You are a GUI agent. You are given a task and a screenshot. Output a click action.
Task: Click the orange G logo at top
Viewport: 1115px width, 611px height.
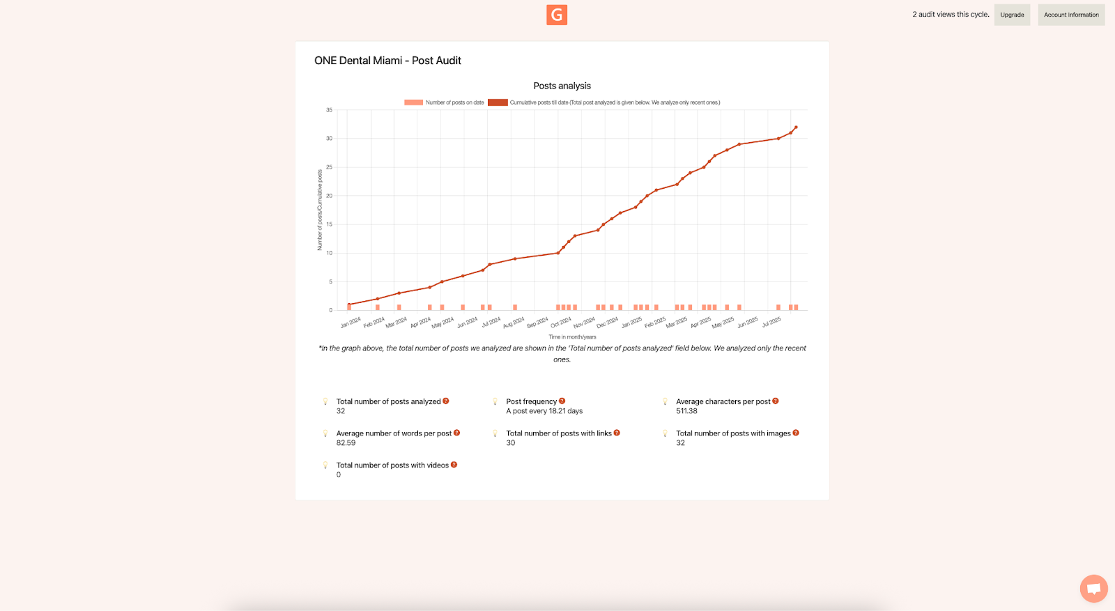tap(556, 15)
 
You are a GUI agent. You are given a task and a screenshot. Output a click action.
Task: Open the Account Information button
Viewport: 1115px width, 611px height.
tap(1071, 15)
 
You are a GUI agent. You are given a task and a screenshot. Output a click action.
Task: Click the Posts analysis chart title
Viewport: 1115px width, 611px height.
tap(562, 86)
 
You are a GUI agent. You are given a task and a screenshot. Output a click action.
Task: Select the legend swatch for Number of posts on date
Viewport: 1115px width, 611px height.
tap(413, 102)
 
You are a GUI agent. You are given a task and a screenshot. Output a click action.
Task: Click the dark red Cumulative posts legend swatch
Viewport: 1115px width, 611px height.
tap(498, 102)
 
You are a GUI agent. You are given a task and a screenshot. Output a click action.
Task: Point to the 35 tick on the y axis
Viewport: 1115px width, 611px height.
tap(329, 110)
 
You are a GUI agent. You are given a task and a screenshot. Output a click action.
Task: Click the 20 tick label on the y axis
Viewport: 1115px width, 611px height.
tap(329, 196)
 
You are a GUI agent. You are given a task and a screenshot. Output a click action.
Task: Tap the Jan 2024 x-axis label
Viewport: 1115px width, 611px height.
tap(351, 322)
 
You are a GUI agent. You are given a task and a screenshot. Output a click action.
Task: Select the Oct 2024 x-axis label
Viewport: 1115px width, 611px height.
tap(561, 322)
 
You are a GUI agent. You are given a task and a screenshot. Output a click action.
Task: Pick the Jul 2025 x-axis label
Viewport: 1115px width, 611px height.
tap(771, 322)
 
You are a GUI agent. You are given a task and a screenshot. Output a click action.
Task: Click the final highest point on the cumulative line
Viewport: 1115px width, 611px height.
tap(796, 127)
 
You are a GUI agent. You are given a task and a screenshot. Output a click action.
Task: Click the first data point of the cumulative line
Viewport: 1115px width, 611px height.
tap(349, 304)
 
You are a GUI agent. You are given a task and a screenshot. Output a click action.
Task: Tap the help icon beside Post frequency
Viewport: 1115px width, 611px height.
tap(562, 401)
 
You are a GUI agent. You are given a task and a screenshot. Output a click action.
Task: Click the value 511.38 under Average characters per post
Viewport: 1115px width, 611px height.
tap(686, 411)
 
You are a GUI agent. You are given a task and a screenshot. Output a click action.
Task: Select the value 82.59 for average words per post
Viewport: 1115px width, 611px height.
tap(346, 443)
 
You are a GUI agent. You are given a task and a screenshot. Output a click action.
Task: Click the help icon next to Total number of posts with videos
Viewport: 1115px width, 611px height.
tap(454, 465)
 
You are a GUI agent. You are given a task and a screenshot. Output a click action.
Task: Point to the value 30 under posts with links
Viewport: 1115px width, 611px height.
tap(511, 443)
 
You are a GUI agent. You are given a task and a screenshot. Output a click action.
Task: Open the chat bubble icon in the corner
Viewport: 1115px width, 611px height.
tap(1093, 589)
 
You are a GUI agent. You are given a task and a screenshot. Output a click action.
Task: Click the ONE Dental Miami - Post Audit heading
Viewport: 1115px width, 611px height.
tap(387, 61)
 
